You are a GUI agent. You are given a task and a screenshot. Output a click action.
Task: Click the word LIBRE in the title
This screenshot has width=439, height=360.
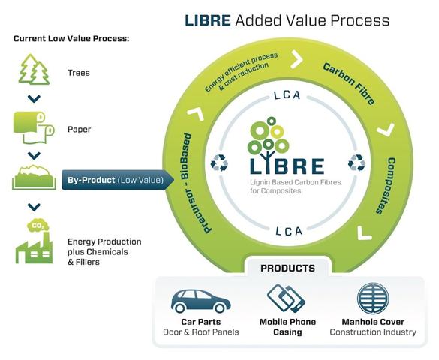pyautogui.click(x=208, y=20)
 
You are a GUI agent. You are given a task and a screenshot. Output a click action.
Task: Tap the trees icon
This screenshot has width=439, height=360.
pyautogui.click(x=34, y=69)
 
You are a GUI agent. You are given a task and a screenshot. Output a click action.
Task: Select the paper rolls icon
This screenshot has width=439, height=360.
pyautogui.click(x=34, y=127)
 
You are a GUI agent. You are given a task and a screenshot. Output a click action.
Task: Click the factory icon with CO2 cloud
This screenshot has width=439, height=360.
pyautogui.click(x=34, y=241)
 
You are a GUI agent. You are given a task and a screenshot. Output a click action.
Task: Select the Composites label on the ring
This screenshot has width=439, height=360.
pyautogui.click(x=386, y=186)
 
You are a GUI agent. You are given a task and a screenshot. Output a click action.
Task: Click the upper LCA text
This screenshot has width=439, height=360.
pyautogui.click(x=287, y=95)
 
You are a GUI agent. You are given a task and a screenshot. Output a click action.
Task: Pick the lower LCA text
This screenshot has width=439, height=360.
pyautogui.click(x=289, y=231)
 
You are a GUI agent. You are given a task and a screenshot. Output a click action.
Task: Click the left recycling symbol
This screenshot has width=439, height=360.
pyautogui.click(x=219, y=163)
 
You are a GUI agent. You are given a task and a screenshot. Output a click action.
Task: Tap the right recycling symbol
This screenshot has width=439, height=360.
pyautogui.click(x=356, y=163)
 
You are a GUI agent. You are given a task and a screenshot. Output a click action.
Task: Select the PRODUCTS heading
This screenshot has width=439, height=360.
pyautogui.click(x=288, y=268)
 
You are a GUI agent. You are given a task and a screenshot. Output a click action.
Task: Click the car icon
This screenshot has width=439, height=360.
pyautogui.click(x=201, y=301)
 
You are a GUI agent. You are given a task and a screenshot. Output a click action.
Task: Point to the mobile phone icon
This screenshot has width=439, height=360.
pyautogui.click(x=286, y=298)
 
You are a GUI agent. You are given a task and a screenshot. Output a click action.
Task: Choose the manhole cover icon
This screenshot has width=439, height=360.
pyautogui.click(x=373, y=298)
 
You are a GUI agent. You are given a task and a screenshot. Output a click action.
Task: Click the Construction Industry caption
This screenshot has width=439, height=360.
pyautogui.click(x=373, y=332)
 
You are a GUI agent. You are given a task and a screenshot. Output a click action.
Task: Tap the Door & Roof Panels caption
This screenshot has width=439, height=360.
pyautogui.click(x=201, y=332)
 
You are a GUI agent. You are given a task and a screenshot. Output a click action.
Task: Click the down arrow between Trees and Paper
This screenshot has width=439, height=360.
pyautogui.click(x=35, y=99)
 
